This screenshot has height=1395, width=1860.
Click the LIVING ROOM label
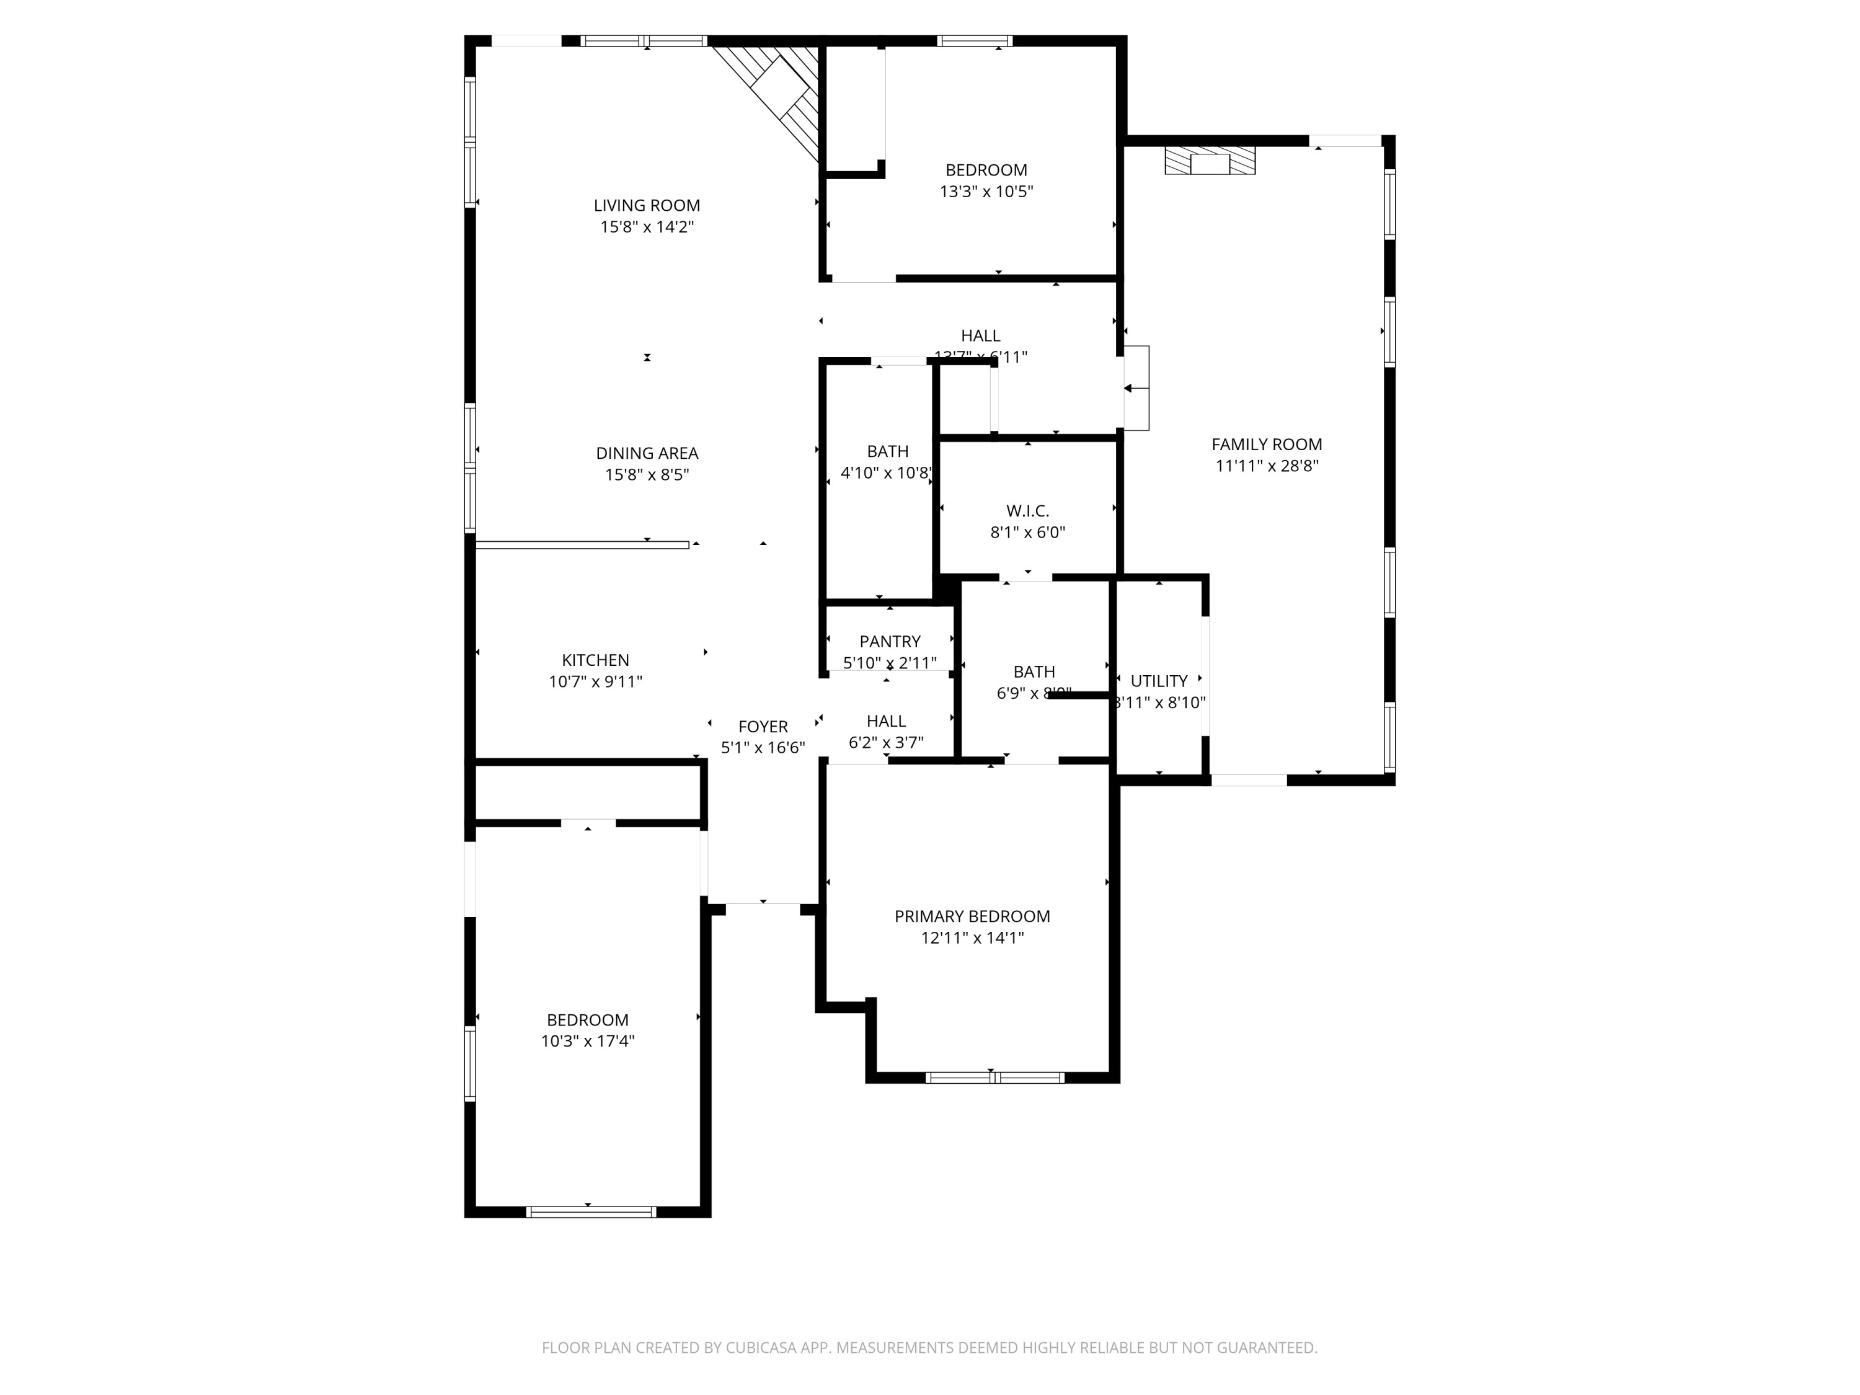click(x=647, y=205)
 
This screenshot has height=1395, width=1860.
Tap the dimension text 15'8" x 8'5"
click(x=647, y=474)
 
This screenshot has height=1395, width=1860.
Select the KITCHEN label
click(x=595, y=660)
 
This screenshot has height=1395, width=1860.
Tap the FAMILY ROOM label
click(x=1266, y=444)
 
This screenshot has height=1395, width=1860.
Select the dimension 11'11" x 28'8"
click(x=1266, y=466)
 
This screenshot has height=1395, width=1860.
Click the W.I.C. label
click(x=1027, y=510)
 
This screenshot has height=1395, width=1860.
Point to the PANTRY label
click(x=890, y=640)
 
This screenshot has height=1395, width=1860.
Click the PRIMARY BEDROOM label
click(x=972, y=916)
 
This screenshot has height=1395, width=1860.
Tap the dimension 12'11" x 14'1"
click(x=972, y=937)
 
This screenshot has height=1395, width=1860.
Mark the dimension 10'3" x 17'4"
click(x=587, y=1041)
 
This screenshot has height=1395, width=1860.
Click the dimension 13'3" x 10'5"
click(x=986, y=191)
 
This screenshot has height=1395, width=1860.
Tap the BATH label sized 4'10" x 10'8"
click(x=887, y=451)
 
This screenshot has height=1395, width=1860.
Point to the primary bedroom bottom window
click(x=994, y=1077)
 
